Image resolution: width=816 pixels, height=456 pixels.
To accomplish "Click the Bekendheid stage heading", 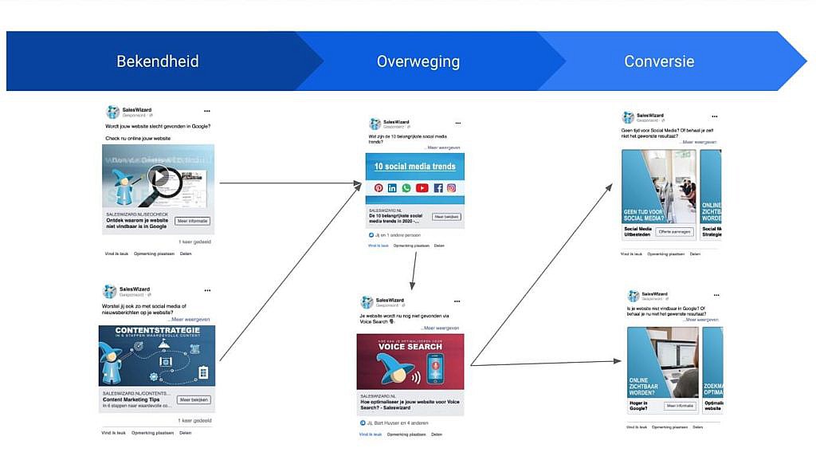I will [x=157, y=61].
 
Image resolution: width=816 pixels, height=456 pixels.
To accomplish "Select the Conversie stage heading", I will [x=658, y=61].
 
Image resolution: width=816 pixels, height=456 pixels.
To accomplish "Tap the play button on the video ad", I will [x=159, y=176].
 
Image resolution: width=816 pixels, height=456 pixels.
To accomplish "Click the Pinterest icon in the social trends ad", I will [x=379, y=188].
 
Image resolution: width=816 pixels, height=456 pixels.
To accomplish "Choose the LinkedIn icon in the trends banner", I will [x=392, y=188].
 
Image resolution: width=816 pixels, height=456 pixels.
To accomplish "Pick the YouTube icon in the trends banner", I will [x=422, y=188].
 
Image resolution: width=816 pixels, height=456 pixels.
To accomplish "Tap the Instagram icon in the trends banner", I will [x=451, y=188].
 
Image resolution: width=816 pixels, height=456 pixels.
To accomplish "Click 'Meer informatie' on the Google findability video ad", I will [x=192, y=221].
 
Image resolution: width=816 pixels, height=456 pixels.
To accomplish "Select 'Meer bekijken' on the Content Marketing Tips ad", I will [x=194, y=399].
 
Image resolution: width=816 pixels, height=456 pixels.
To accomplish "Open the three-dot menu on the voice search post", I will [x=457, y=301].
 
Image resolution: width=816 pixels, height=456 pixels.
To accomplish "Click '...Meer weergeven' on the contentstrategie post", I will [x=189, y=319].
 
